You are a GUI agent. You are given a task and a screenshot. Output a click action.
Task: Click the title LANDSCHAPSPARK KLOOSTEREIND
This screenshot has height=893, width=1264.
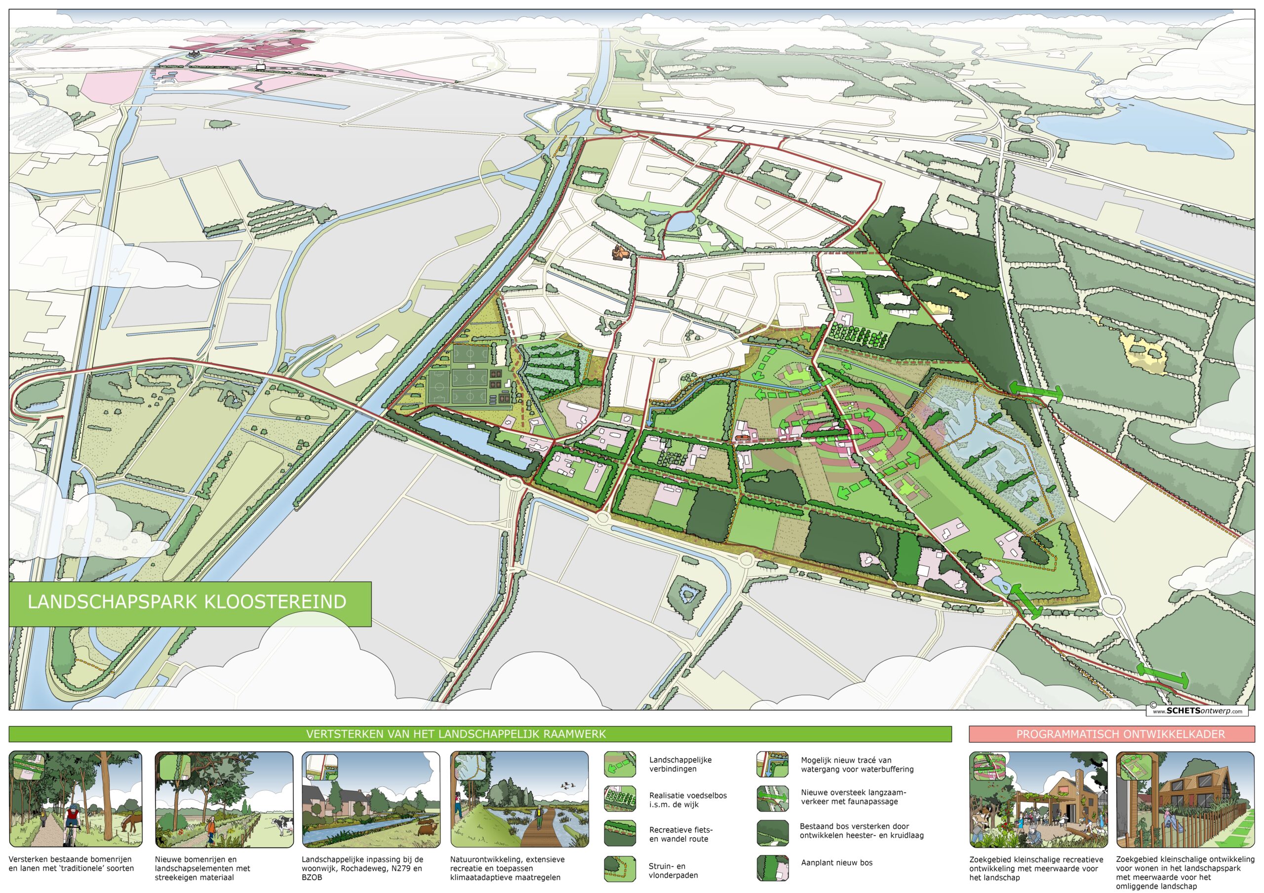[187, 601]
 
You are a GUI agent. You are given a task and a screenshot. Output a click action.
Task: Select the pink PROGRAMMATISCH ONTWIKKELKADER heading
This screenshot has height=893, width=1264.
[1120, 735]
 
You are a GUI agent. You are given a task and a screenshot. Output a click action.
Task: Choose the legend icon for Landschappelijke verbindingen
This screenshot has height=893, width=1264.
[620, 764]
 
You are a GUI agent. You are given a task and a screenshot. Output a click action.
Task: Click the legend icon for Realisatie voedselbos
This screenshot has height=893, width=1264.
[620, 799]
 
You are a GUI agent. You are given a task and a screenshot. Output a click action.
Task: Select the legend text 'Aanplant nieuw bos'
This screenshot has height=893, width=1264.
[836, 863]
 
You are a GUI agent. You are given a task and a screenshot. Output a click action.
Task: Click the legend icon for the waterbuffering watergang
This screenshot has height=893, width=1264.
[772, 764]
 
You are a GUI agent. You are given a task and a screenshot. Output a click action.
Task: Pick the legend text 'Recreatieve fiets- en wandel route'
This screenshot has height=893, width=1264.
[680, 834]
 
